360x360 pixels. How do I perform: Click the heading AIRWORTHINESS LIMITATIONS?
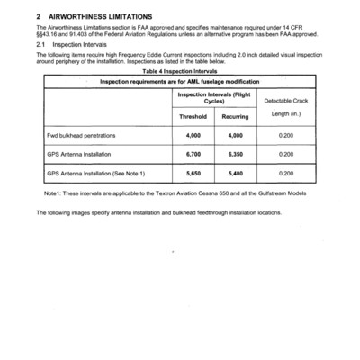[x=100, y=17]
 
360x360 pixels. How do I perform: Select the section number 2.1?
[x=40, y=43]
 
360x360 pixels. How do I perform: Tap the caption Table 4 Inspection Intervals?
[x=178, y=71]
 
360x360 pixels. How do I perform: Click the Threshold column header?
[x=193, y=116]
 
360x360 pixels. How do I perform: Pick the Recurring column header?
[x=235, y=116]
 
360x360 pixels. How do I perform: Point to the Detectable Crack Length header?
[x=286, y=108]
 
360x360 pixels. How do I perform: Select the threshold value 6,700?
[x=193, y=154]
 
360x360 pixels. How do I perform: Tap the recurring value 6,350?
[x=235, y=154]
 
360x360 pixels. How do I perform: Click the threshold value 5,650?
[x=193, y=173]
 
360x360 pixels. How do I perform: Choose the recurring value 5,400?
[x=235, y=173]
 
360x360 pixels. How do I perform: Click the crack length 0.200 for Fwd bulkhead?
[x=286, y=135]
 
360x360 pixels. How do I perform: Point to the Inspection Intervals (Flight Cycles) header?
[x=214, y=97]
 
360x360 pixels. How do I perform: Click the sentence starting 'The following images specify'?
[x=157, y=212]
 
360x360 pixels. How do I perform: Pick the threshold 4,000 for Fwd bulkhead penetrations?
[x=193, y=135]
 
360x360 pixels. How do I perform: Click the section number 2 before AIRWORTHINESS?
[x=38, y=17]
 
